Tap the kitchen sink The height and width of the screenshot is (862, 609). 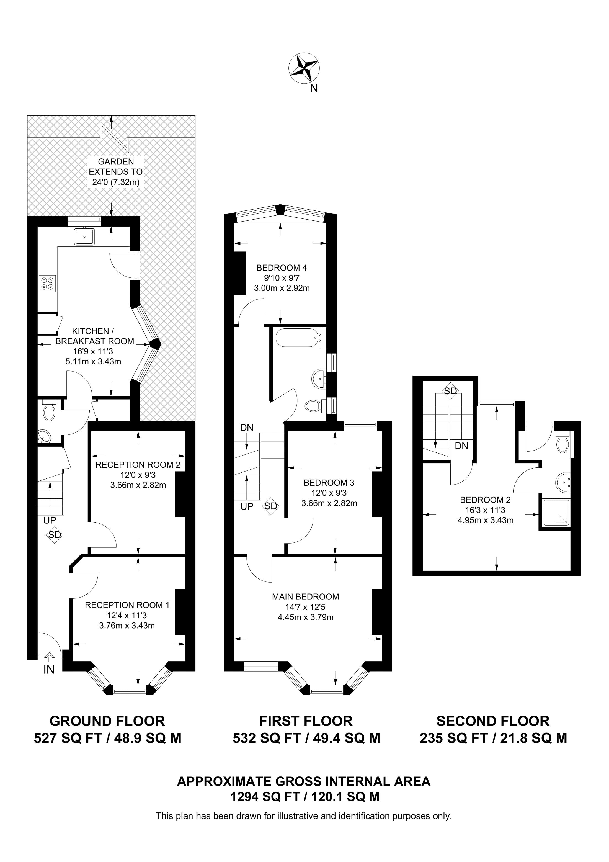84,236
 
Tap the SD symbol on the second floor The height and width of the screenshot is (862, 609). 451,391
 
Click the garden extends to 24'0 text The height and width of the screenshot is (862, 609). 115,172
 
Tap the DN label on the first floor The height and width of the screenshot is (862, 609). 247,427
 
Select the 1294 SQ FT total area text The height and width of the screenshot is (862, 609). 305,797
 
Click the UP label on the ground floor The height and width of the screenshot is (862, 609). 50,520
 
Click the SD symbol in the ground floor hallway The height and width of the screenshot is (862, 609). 55,535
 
